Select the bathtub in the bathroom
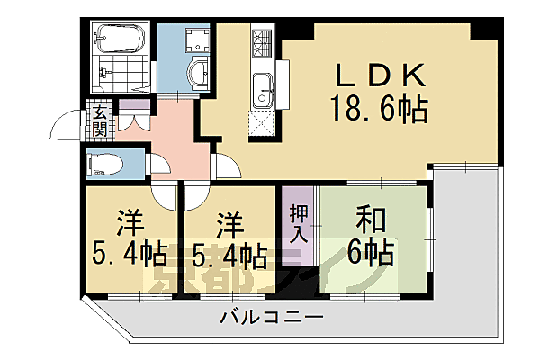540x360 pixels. click(118, 40)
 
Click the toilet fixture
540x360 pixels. click(100, 164)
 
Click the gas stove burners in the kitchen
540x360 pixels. click(262, 40)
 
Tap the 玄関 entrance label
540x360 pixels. click(99, 121)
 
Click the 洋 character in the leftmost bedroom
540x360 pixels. click(129, 220)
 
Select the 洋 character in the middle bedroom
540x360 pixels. click(229, 220)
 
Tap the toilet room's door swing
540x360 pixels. click(158, 165)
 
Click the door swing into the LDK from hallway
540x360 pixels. click(226, 166)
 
